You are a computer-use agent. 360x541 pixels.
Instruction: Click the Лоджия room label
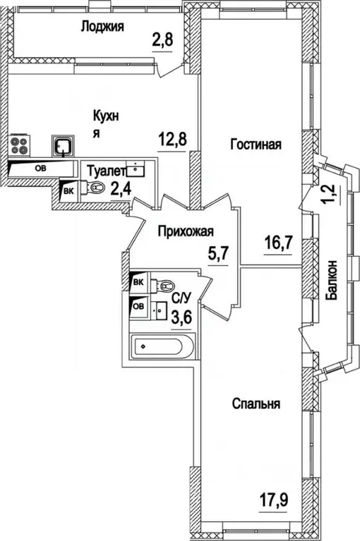[x=102, y=27]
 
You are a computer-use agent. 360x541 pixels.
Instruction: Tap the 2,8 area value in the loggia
[x=162, y=41]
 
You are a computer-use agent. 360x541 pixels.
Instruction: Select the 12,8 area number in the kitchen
[x=172, y=141]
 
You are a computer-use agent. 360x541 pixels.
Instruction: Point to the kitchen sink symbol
[x=62, y=145]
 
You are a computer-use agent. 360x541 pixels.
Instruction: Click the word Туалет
[x=106, y=171]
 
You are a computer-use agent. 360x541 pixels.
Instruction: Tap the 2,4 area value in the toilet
[x=121, y=188]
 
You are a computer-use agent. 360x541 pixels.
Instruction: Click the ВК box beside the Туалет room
[x=69, y=191]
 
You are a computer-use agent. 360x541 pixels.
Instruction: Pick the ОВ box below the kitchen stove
[x=42, y=169]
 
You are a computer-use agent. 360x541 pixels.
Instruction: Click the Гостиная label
[x=256, y=144]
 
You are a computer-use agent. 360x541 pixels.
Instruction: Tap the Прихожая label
[x=186, y=231]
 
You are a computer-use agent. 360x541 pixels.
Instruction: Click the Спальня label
[x=256, y=403]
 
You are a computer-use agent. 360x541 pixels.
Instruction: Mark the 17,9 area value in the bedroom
[x=274, y=499]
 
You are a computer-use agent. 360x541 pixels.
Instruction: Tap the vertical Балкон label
[x=332, y=279]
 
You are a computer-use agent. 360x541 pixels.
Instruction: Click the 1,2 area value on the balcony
[x=330, y=194]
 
